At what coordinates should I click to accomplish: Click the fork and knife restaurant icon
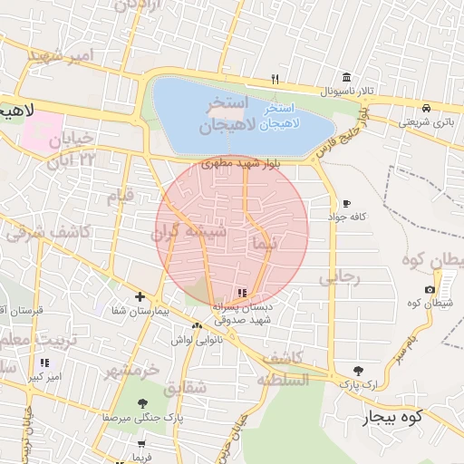(275, 79)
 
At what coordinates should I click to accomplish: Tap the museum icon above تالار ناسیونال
(345, 78)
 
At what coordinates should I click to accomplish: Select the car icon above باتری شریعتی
(427, 106)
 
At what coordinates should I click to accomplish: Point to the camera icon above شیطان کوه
(430, 290)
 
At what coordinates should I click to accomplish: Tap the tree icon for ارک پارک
(358, 370)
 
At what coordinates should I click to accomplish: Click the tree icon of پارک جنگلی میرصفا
(142, 403)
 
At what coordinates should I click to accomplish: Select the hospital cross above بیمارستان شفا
(140, 296)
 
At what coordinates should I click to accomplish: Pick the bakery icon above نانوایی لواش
(197, 324)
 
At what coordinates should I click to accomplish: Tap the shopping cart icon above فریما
(141, 444)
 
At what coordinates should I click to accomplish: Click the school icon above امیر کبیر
(43, 362)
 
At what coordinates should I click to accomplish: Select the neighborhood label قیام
(121, 195)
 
